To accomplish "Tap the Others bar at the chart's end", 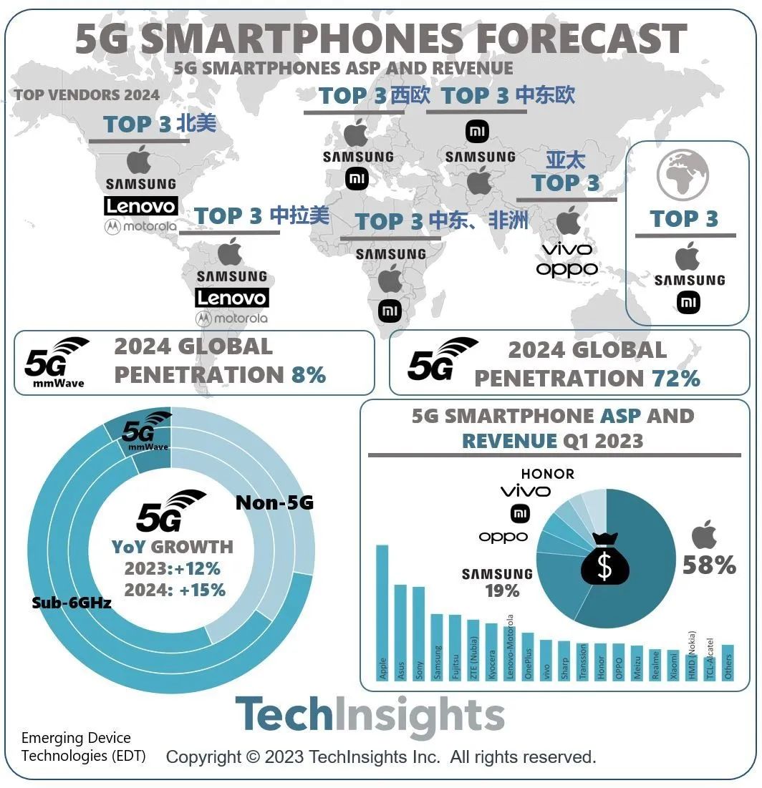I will point(728,663).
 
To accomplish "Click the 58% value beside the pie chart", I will point(709,565).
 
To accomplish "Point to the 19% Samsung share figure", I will point(502,590).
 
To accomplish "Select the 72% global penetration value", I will point(675,378).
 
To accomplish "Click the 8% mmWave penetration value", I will point(308,374).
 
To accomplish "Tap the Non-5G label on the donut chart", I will point(274,503).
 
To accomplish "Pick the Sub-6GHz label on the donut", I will point(71,603).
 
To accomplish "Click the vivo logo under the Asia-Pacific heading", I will point(566,249).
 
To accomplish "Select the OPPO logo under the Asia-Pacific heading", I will point(566,269).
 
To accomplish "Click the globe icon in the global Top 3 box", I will point(683,175).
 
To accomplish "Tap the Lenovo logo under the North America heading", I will point(140,206).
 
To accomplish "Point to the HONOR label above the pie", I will point(547,474).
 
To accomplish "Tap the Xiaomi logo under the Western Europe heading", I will point(357,178).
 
